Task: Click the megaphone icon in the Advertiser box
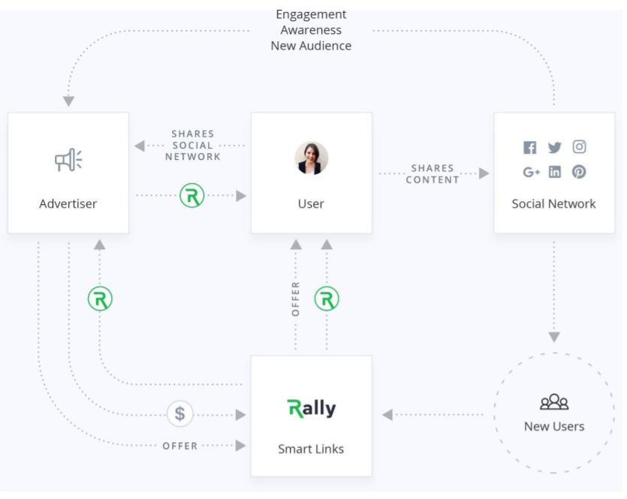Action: coord(68,160)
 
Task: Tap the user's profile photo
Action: coord(311,158)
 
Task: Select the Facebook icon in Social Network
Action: coord(530,148)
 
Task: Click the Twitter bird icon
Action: coord(555,148)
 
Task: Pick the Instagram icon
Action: coord(579,147)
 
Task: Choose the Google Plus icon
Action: coord(532,172)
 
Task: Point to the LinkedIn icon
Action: coord(555,172)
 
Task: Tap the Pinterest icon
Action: coord(579,172)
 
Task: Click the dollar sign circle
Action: coord(179,413)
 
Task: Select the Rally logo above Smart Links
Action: coord(312,408)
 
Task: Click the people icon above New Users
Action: coord(554,403)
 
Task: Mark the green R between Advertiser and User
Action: coord(192,196)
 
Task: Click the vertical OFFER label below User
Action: coord(295,299)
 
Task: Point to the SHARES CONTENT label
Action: coord(433,174)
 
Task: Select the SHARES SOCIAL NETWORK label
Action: coord(192,146)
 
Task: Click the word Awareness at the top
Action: coord(311,30)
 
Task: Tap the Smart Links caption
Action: coord(311,449)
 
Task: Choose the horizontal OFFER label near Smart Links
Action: coord(180,446)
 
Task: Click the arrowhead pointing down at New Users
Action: coord(554,337)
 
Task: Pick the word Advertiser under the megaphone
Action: coord(68,203)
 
